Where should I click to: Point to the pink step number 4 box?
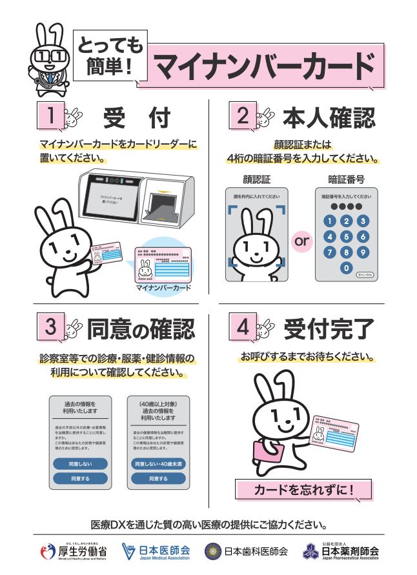243,327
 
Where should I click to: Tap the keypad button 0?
347,268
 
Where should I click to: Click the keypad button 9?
363,252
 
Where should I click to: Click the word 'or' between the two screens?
301,242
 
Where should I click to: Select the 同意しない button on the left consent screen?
80,464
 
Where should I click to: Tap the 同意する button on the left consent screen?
80,478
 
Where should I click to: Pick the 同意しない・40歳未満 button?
158,464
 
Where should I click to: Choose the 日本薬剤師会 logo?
341,552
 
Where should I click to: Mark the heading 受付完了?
329,328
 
